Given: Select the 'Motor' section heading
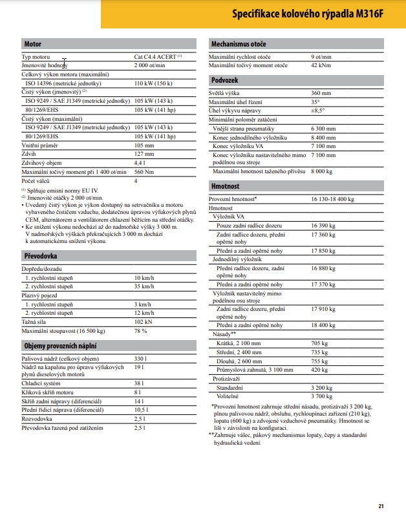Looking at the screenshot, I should (33, 44).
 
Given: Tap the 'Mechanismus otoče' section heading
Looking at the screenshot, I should (239, 44).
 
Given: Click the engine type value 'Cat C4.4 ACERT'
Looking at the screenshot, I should (156, 58).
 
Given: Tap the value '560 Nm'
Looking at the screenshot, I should (144, 171).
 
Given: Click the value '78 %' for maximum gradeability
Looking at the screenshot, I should (140, 331).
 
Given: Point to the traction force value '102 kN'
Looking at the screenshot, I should (143, 322).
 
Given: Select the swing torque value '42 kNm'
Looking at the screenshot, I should (321, 66).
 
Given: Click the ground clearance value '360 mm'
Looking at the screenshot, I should (321, 93).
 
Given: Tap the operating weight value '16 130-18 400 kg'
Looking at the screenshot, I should (332, 200).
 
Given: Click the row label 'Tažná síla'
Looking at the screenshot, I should (35, 322).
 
